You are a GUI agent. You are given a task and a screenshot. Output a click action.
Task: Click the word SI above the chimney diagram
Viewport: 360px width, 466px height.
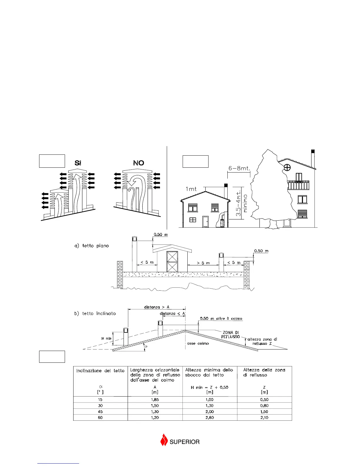pyautogui.click(x=78, y=163)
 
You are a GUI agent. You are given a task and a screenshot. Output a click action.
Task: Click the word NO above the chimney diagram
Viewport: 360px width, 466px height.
pyautogui.click(x=139, y=163)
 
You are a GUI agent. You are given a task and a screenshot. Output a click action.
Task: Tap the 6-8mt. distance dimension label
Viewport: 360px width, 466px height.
pyautogui.click(x=239, y=169)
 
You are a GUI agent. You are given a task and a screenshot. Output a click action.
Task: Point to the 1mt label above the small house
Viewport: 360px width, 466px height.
pyautogui.click(x=191, y=189)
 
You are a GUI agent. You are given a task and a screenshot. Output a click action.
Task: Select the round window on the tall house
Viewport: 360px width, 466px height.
pyautogui.click(x=287, y=168)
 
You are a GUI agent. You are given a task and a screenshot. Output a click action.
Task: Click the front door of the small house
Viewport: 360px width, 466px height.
pyautogui.click(x=206, y=222)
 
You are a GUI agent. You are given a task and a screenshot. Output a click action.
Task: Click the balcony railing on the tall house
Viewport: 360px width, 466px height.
pyautogui.click(x=298, y=186)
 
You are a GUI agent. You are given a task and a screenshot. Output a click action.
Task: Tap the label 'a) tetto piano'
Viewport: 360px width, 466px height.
pyautogui.click(x=91, y=246)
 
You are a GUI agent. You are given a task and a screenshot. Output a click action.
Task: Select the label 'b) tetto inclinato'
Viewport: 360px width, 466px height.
pyautogui.click(x=95, y=314)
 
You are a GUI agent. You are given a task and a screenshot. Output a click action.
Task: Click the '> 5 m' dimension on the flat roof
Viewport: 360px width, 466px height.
pyautogui.click(x=203, y=263)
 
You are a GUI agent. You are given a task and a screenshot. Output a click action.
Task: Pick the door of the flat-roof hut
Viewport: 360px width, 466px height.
pyautogui.click(x=172, y=262)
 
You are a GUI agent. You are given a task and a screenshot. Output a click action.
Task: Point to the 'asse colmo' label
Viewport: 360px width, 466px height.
pyautogui.click(x=198, y=343)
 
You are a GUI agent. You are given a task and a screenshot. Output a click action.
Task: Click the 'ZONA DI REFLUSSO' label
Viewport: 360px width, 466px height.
pyautogui.click(x=231, y=335)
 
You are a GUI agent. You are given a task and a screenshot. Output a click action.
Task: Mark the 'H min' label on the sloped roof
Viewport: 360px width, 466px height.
pyautogui.click(x=106, y=339)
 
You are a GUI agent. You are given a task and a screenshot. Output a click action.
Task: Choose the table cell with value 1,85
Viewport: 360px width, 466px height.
pyautogui.click(x=155, y=400)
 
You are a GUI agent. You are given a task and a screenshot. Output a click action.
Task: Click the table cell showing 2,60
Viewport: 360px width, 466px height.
pyautogui.click(x=210, y=417)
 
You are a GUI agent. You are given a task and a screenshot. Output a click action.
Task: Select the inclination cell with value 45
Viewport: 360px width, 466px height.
pyautogui.click(x=100, y=412)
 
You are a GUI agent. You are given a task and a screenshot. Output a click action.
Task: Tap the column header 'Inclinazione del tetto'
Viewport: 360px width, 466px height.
pyautogui.click(x=100, y=371)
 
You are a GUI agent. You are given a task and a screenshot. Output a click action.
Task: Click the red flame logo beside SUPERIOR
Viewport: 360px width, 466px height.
pyautogui.click(x=164, y=440)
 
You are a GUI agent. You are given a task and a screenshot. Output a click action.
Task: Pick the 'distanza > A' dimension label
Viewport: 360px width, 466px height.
pyautogui.click(x=157, y=307)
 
